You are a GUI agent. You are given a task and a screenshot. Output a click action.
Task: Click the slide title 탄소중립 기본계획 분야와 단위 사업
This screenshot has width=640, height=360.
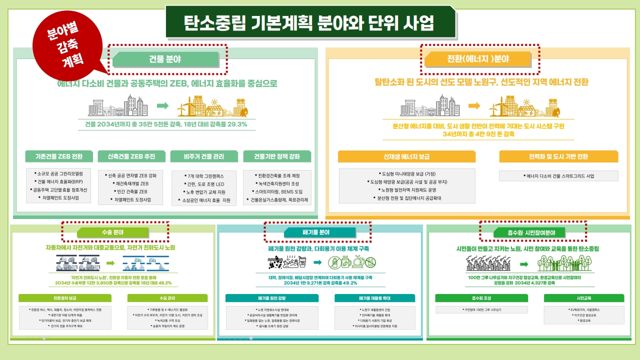[309, 22]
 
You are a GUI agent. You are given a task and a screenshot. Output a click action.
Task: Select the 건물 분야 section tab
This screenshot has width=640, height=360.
[165, 59]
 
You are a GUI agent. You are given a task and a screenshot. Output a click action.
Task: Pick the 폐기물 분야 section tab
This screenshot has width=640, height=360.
[316, 232]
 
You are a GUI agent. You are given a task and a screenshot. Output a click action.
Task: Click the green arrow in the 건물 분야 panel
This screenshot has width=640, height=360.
[162, 105]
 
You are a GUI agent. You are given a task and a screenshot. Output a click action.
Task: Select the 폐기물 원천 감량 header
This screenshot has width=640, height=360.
[271, 298]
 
